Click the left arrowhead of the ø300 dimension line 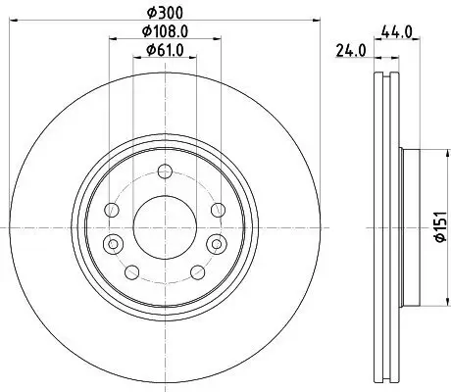(20, 18)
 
